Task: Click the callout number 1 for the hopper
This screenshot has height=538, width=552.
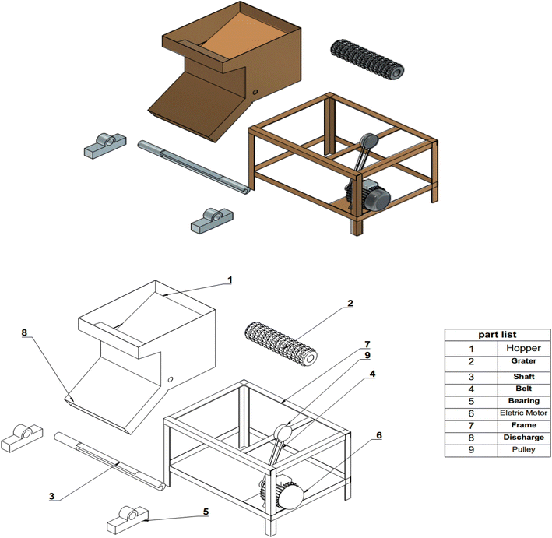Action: [230, 280]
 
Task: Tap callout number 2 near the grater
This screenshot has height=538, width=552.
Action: [350, 303]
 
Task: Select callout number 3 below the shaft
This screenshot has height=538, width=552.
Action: [51, 496]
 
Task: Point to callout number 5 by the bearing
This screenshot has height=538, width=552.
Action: [206, 512]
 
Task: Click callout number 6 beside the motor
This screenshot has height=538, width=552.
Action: [379, 435]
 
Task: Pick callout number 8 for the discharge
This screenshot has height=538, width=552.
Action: [24, 332]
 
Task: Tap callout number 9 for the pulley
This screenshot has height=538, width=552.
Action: [367, 355]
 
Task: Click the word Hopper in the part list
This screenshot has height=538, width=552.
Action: [523, 348]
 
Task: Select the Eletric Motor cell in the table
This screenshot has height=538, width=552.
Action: [523, 413]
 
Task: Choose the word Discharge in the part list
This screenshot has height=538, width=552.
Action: [523, 438]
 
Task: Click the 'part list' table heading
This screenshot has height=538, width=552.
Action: [497, 335]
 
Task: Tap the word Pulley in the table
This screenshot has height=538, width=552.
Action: [523, 449]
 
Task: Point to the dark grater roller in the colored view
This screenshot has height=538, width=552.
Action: [367, 59]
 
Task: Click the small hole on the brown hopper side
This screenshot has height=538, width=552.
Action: [255, 92]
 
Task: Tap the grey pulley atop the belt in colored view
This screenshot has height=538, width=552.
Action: [368, 141]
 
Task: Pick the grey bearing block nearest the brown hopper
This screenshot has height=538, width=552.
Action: [105, 145]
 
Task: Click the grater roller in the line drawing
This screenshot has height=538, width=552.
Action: [280, 344]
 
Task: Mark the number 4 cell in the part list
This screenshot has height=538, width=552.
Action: [471, 389]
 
